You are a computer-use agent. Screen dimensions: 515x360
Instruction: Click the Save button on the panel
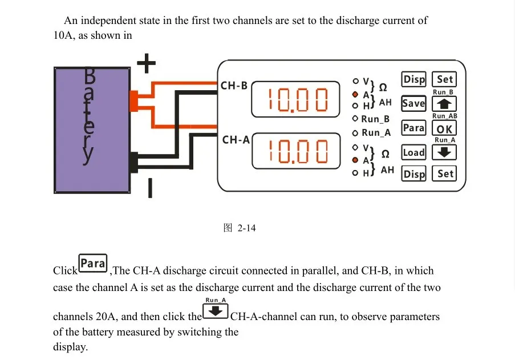[x=414, y=103]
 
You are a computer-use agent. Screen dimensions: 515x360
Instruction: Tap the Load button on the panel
[x=414, y=152]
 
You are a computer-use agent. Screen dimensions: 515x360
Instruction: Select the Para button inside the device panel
[x=414, y=128]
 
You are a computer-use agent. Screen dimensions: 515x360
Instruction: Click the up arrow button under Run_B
[x=444, y=104]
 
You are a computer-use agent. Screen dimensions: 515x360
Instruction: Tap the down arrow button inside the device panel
[x=444, y=152]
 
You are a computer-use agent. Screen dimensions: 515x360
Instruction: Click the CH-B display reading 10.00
[x=295, y=99]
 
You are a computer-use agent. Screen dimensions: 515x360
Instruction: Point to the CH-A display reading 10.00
[x=296, y=151]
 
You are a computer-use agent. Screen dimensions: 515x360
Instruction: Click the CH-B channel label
[x=234, y=86]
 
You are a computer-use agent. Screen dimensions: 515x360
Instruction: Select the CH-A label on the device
[x=236, y=140]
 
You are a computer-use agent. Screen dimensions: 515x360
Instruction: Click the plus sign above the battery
[x=146, y=63]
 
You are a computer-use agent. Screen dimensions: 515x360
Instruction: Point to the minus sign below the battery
[x=150, y=188]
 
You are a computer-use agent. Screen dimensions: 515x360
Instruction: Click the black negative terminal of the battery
[x=134, y=162]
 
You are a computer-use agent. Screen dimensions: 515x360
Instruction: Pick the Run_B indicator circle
[x=355, y=118]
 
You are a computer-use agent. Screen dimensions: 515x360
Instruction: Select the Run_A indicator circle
[x=355, y=133]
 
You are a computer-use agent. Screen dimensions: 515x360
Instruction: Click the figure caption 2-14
[x=240, y=228]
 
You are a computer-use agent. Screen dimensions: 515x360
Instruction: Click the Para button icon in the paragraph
[x=93, y=263]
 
